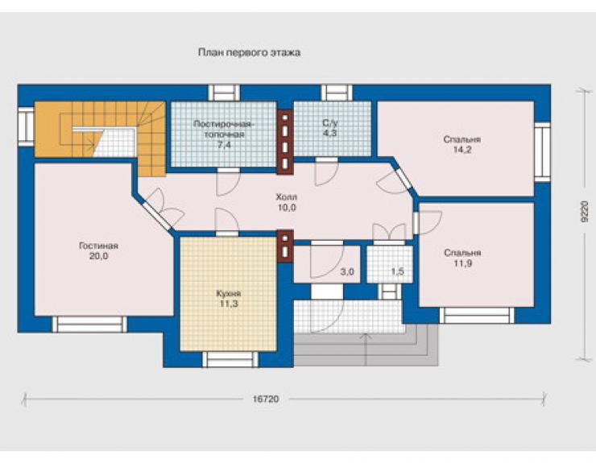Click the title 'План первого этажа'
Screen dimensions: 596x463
click(x=250, y=52)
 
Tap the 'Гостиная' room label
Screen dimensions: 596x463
click(x=98, y=246)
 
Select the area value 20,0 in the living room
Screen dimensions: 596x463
click(x=99, y=256)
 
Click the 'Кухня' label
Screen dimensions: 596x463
click(x=229, y=293)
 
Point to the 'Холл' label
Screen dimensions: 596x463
click(x=287, y=197)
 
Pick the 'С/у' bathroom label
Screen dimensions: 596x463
click(x=329, y=122)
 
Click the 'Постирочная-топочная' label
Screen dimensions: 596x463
click(x=223, y=130)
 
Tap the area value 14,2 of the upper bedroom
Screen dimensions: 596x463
click(x=462, y=150)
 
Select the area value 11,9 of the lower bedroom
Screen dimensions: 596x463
click(x=462, y=263)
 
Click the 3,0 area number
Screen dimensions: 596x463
click(x=347, y=272)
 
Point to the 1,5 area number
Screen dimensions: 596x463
click(x=397, y=272)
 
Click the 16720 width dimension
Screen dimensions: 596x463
click(x=266, y=399)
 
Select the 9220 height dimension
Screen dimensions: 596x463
click(x=585, y=212)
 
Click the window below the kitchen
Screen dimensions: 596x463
click(x=230, y=359)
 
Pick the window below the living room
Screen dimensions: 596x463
click(x=89, y=325)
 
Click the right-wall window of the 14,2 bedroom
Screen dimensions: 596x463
click(x=542, y=152)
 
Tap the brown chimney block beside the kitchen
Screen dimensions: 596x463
click(x=285, y=246)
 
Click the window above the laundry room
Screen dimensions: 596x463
click(x=224, y=93)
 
